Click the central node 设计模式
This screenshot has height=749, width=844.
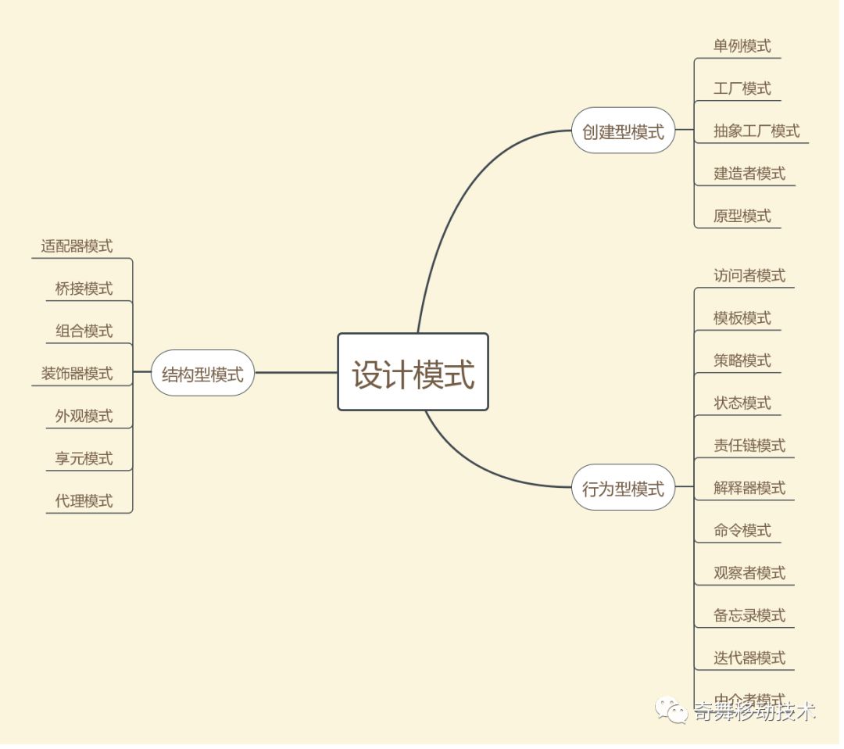[x=413, y=372]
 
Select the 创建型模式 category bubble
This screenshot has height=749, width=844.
[x=623, y=131]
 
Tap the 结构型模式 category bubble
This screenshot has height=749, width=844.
[x=202, y=373]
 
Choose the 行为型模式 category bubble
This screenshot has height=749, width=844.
[x=623, y=488]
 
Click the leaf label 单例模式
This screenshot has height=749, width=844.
[x=742, y=46]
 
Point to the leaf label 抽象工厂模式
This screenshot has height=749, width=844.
[x=756, y=131]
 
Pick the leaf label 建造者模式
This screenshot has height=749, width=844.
[x=749, y=173]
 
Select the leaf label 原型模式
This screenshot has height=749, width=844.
[x=742, y=215]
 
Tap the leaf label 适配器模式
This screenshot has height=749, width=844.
[x=77, y=246]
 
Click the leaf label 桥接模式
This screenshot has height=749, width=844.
[x=84, y=288]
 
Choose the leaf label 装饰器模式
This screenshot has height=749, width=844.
[x=77, y=373]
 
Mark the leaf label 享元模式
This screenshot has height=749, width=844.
[x=84, y=458]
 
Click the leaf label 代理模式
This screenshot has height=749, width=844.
[x=84, y=500]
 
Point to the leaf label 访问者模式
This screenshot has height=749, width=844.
[x=749, y=275]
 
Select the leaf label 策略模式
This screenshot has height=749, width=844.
[x=742, y=360]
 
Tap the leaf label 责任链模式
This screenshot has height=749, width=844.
[x=749, y=445]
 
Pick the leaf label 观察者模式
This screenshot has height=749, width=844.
[x=749, y=572]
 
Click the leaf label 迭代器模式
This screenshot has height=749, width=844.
[x=749, y=658]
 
